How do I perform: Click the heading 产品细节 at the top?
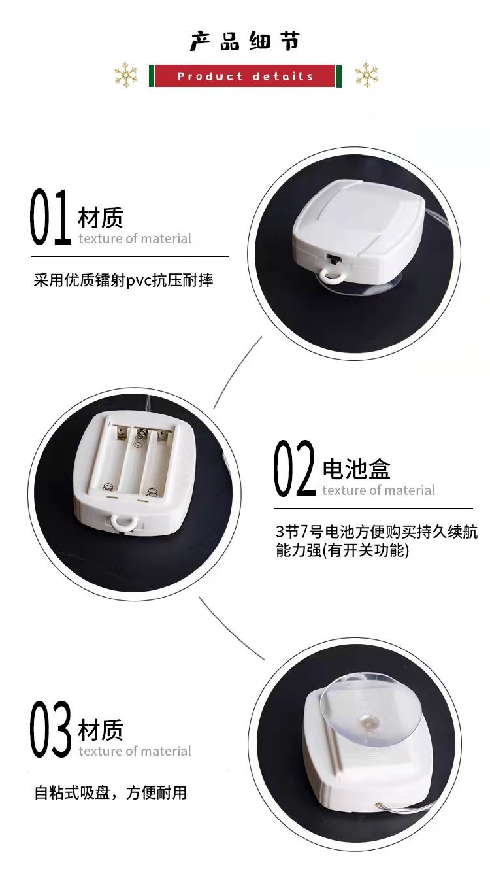point(244,41)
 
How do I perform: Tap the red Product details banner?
point(245,76)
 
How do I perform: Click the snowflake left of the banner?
point(126,75)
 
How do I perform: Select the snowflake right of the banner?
point(367,75)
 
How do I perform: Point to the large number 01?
point(51,217)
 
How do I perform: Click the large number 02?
point(295,469)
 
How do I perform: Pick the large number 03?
point(51,730)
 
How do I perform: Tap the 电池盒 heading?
point(357,468)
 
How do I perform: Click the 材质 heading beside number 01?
point(101,217)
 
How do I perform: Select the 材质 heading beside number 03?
point(101,730)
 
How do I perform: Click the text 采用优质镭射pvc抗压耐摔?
point(123,280)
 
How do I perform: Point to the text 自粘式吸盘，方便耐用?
point(110,793)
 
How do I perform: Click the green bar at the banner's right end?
point(339,76)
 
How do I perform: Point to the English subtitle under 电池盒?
point(378,490)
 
